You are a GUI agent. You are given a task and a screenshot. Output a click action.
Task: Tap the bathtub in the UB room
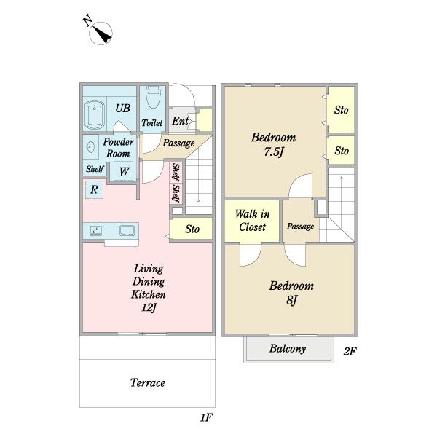[x=95, y=114]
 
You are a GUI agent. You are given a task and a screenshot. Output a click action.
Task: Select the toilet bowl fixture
[x=152, y=97]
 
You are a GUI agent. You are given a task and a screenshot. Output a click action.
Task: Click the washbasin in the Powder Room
[x=90, y=146]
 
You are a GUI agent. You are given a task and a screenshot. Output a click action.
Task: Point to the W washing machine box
[x=124, y=171]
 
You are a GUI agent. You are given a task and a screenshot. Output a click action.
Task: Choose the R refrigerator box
[x=94, y=189]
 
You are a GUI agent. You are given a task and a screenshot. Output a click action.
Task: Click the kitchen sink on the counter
[x=127, y=230]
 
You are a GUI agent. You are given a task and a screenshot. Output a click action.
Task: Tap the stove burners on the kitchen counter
[x=95, y=231]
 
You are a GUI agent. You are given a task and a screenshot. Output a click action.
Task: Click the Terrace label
[x=148, y=382]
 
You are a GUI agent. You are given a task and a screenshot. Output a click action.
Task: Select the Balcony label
[x=288, y=349]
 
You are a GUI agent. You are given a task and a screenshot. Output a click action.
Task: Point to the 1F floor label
[x=207, y=417]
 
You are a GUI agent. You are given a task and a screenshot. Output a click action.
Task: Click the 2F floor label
[x=350, y=351]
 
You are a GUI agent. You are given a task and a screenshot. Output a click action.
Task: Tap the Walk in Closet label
[x=252, y=221]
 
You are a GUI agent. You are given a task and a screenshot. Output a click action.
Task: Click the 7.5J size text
[x=274, y=152]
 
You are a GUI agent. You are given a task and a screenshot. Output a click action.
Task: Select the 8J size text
[x=291, y=300]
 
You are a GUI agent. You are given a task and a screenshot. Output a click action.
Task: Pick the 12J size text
[x=149, y=307]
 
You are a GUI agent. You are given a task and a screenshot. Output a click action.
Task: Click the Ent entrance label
[x=180, y=121]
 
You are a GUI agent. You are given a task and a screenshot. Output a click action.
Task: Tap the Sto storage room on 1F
[x=191, y=229]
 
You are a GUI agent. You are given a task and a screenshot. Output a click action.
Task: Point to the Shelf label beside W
[x=95, y=169]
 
